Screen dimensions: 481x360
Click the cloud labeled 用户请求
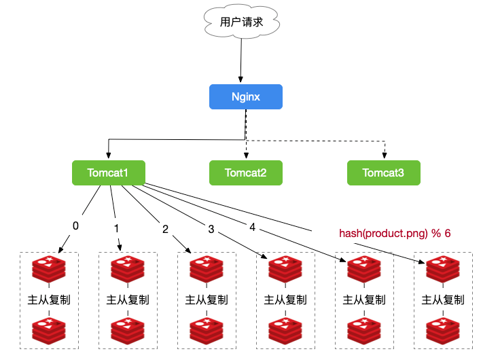242,22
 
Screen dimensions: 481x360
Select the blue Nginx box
246,96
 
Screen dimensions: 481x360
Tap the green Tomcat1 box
109,173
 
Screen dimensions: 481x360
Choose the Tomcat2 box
246,173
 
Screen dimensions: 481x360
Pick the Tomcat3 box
383,173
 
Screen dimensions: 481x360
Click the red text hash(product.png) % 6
395,234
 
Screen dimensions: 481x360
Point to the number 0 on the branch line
75,226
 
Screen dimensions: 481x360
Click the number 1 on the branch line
116,228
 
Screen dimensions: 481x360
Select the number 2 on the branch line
165,229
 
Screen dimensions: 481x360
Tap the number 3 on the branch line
211,229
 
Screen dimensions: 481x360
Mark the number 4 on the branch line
252,228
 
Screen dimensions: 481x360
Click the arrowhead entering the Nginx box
240,79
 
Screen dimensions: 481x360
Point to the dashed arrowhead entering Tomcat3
385,155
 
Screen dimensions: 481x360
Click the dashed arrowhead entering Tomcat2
246,155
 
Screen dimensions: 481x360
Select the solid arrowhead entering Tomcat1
108,155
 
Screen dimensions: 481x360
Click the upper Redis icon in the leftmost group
49,269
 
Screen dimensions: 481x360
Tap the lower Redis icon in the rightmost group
443,331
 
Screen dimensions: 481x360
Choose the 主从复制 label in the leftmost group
49,300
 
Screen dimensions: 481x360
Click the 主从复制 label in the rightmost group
443,300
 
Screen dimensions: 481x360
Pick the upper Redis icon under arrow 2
207,269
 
